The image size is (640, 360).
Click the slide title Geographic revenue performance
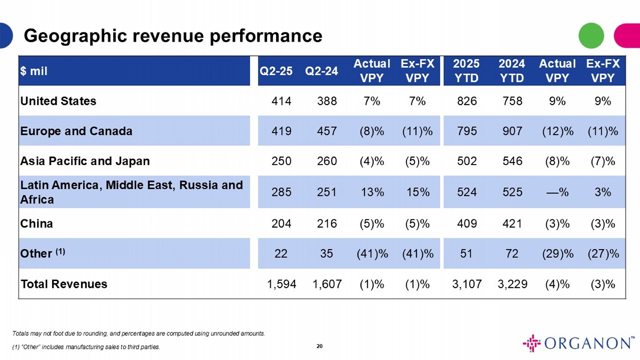tap(173, 36)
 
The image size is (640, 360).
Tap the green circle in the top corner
tap(591, 35)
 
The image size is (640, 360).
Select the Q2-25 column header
tap(276, 71)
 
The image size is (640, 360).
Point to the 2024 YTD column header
tap(512, 71)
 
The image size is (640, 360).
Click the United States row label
tap(58, 101)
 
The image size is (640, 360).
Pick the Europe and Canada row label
tap(76, 131)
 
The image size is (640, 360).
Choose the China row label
tap(37, 224)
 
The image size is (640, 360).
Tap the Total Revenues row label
tap(64, 284)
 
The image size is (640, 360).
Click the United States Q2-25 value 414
tap(281, 101)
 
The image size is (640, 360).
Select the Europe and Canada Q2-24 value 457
tap(327, 131)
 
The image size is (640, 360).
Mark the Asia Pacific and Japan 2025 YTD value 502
tap(467, 161)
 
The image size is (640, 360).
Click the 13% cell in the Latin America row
tap(372, 192)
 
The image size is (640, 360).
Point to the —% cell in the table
tap(557, 192)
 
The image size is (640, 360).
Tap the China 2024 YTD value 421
tap(512, 224)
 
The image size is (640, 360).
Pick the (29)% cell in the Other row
tap(557, 254)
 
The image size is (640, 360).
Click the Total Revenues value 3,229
tap(512, 284)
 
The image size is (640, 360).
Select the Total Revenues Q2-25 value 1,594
tap(281, 284)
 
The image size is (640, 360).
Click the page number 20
tap(320, 346)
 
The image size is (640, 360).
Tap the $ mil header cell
tap(34, 71)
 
